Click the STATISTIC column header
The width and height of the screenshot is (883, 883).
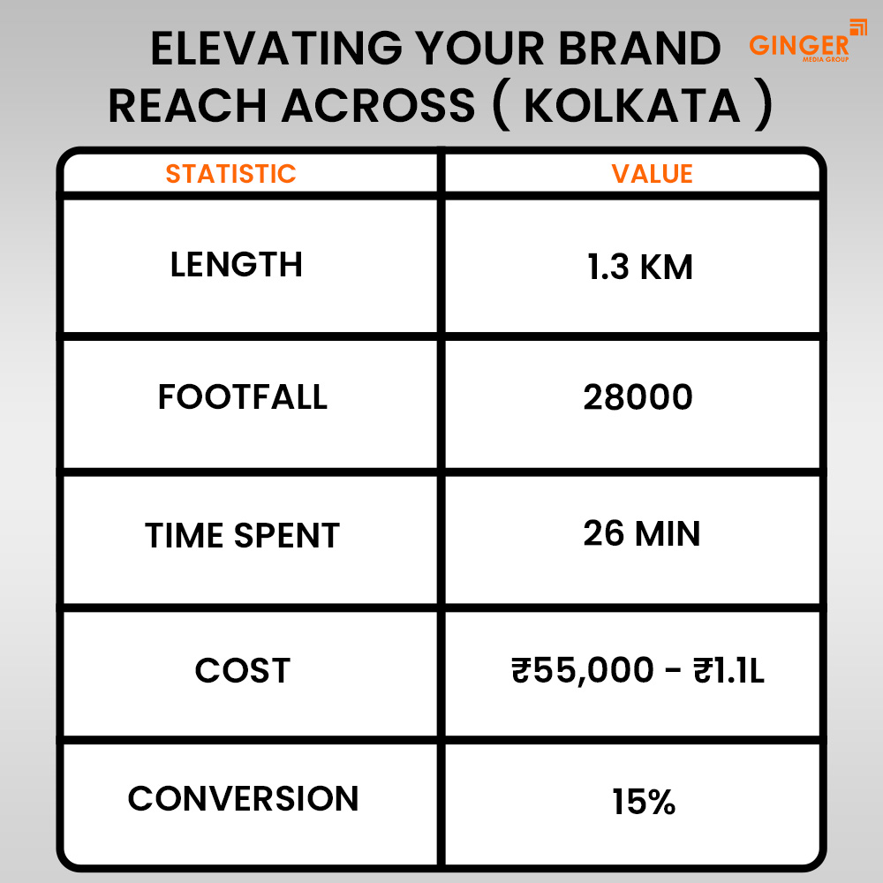(x=230, y=173)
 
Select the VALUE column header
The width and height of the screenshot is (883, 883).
(x=652, y=173)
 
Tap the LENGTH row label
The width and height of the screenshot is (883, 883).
(x=236, y=265)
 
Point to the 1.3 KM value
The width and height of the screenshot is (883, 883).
(x=640, y=267)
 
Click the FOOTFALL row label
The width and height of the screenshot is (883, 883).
(x=243, y=397)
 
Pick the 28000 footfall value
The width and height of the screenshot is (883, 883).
(x=638, y=398)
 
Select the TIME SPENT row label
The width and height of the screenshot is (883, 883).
(x=242, y=536)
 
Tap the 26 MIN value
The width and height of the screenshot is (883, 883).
(x=641, y=533)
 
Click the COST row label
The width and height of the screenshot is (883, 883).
(x=242, y=671)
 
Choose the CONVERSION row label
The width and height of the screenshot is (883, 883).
(x=243, y=799)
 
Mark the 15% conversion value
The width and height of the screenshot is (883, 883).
(x=644, y=803)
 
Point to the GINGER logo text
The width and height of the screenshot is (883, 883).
(x=798, y=45)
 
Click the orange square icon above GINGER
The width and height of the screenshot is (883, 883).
(x=857, y=26)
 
